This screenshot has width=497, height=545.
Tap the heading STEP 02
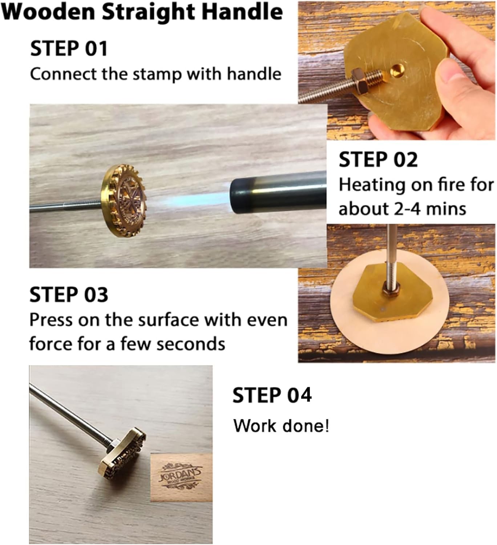378,160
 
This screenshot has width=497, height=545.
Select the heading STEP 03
69,295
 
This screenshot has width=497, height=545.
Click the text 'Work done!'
281,426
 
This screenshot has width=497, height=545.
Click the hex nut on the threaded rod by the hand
361,81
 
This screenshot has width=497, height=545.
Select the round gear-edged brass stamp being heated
124,201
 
